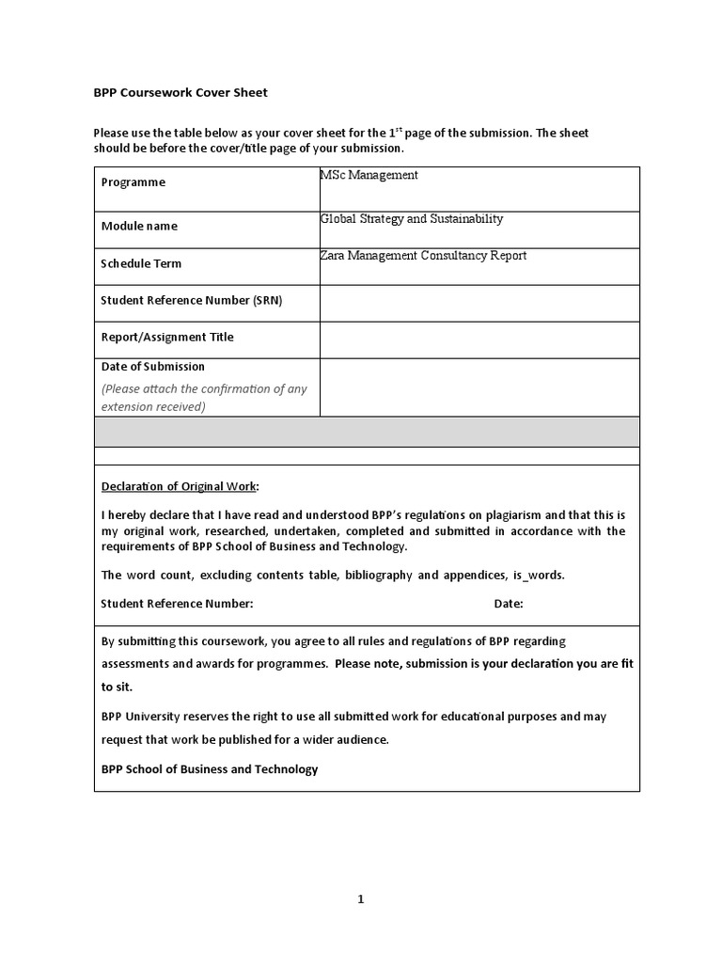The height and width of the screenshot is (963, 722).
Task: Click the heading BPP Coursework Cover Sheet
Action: [180, 92]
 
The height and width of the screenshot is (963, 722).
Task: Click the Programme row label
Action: [133, 182]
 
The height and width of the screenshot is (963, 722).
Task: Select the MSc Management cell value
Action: [369, 175]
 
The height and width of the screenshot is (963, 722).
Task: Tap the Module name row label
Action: [139, 226]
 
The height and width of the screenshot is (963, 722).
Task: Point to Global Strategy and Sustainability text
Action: [412, 219]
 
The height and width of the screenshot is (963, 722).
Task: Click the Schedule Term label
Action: [141, 263]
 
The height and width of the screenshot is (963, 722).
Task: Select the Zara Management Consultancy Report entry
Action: [423, 256]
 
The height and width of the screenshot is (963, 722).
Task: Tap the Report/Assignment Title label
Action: [167, 337]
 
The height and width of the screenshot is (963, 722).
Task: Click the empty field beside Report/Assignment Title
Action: [479, 339]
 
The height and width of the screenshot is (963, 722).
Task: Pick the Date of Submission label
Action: [152, 367]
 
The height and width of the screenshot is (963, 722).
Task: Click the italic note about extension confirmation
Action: [204, 398]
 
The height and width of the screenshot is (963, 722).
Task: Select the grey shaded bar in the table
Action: [367, 432]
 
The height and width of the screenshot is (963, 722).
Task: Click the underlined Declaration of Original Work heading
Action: [179, 486]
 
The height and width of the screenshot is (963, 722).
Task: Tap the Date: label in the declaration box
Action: [509, 604]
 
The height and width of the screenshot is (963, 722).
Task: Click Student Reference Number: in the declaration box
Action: [177, 604]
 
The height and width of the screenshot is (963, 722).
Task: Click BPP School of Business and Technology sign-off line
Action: [210, 769]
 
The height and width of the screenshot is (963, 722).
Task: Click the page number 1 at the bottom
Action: [360, 899]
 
